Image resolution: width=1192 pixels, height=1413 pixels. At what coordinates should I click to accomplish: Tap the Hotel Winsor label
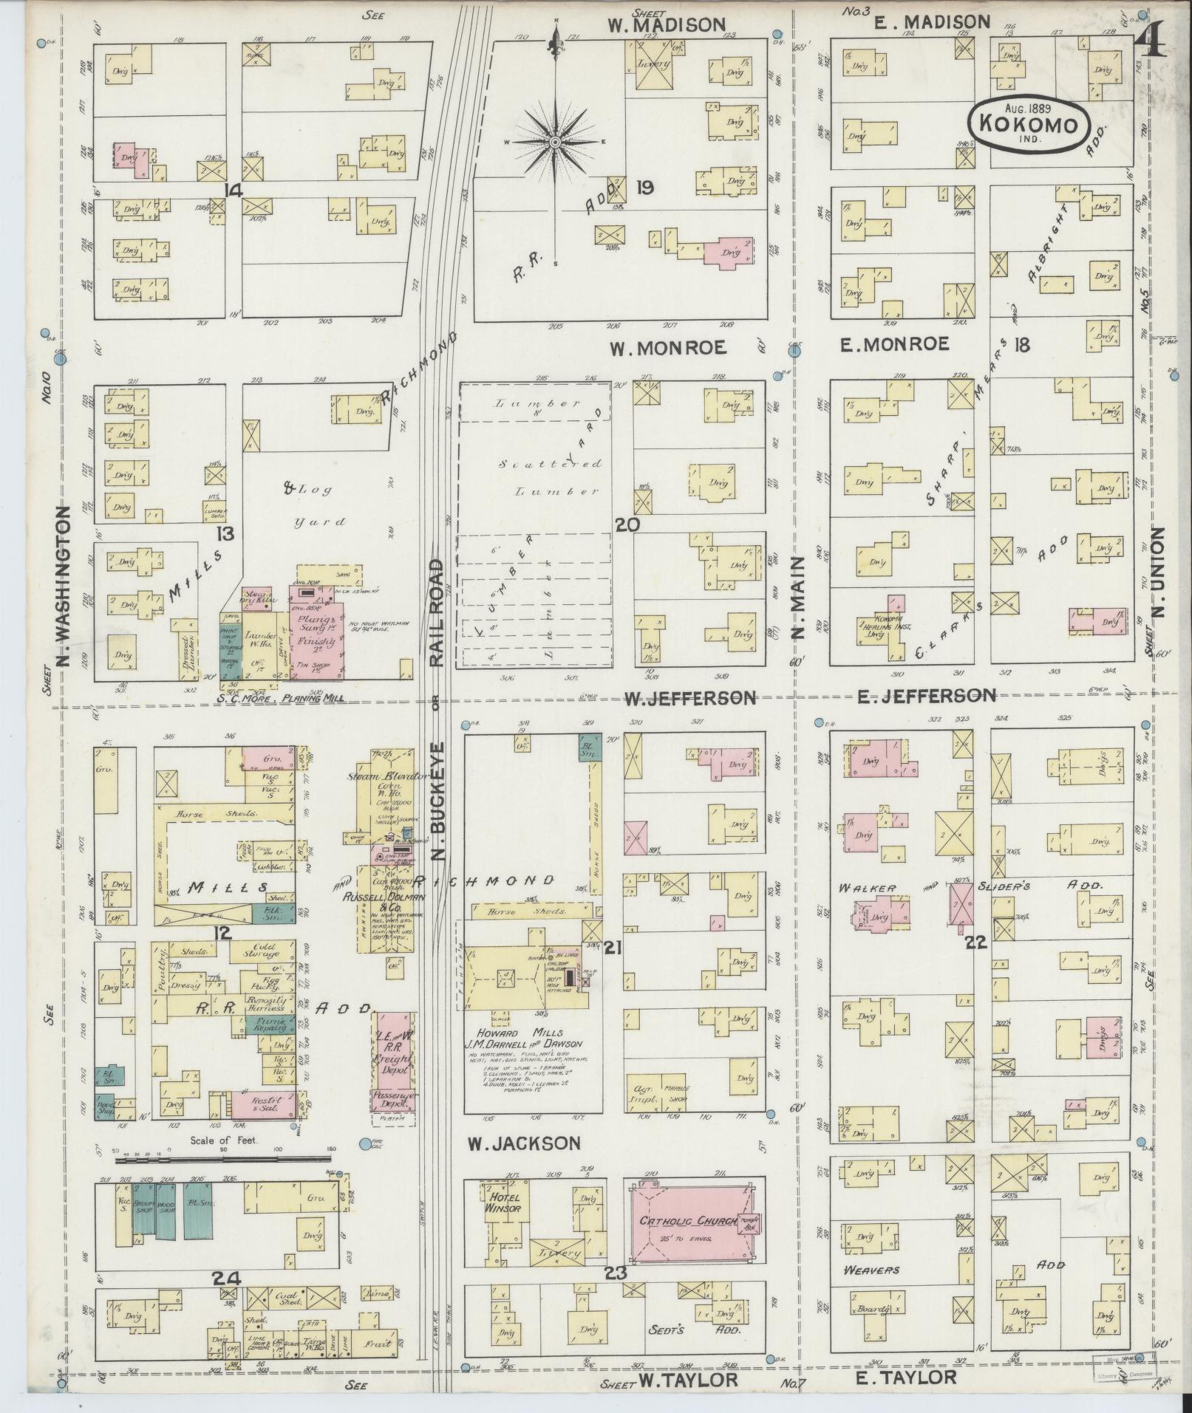click(503, 1203)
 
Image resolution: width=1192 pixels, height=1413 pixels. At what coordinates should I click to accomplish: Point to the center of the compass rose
click(555, 142)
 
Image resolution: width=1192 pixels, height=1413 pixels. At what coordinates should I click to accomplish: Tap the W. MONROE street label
click(669, 346)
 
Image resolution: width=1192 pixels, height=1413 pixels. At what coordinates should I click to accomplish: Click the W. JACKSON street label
click(523, 1143)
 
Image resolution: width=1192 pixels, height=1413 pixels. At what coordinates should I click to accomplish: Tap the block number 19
click(644, 188)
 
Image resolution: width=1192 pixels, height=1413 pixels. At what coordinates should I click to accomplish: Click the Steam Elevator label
click(390, 776)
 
